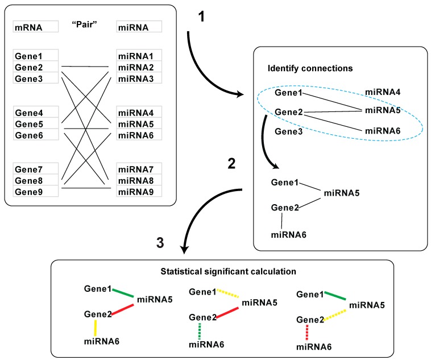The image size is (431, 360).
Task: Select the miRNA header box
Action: point(139,27)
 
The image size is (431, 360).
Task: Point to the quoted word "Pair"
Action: point(87,26)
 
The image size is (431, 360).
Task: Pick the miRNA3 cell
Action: point(139,78)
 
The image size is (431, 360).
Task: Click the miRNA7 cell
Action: point(139,169)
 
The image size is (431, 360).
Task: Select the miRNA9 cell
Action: point(139,191)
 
